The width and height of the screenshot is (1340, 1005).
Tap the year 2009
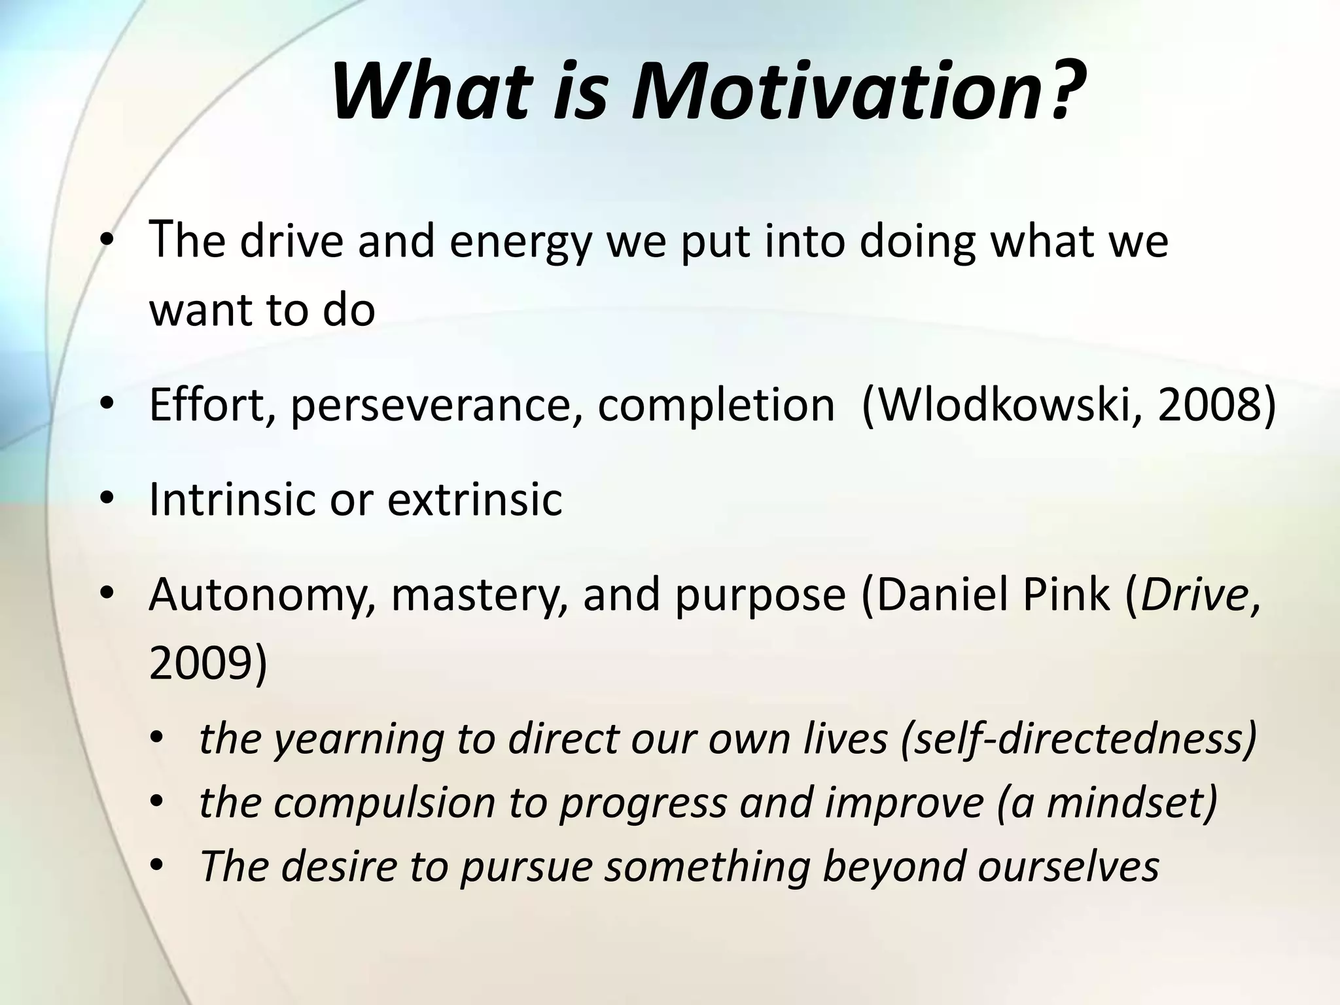200,663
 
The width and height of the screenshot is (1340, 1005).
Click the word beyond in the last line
893,866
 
